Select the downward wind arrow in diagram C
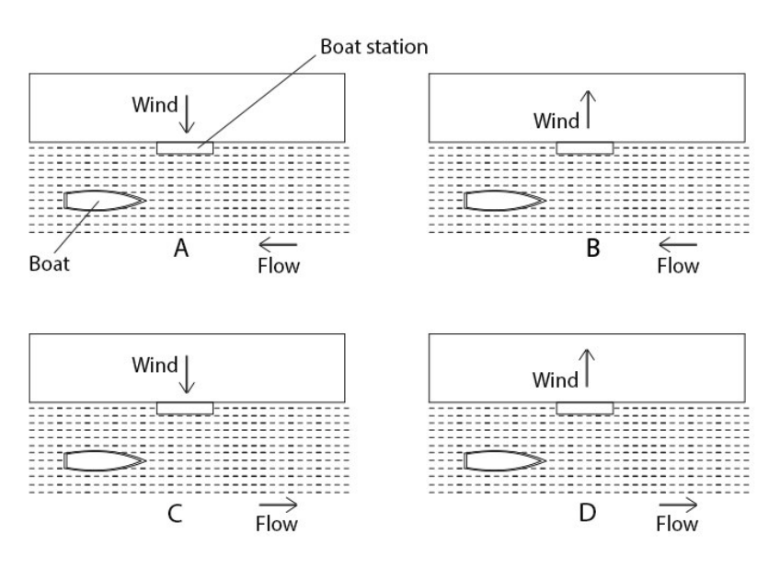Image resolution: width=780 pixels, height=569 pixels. click(188, 375)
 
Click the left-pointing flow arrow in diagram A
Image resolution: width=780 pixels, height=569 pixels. click(278, 245)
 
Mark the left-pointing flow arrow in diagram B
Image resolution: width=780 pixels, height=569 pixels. click(678, 245)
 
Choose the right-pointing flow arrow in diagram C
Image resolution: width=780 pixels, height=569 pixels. click(278, 505)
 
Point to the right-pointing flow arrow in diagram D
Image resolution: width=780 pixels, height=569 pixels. click(678, 505)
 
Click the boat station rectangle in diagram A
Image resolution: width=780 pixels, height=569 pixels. click(185, 147)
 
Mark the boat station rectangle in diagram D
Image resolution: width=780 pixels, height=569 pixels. click(585, 408)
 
